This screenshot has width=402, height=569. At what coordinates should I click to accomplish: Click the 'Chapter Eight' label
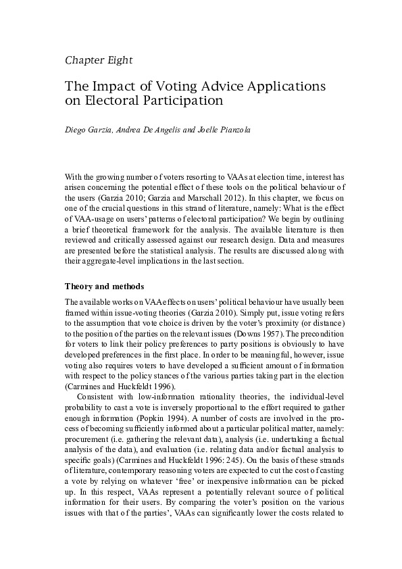pos(98,60)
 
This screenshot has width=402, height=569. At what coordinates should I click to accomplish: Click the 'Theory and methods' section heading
pos(103,286)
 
